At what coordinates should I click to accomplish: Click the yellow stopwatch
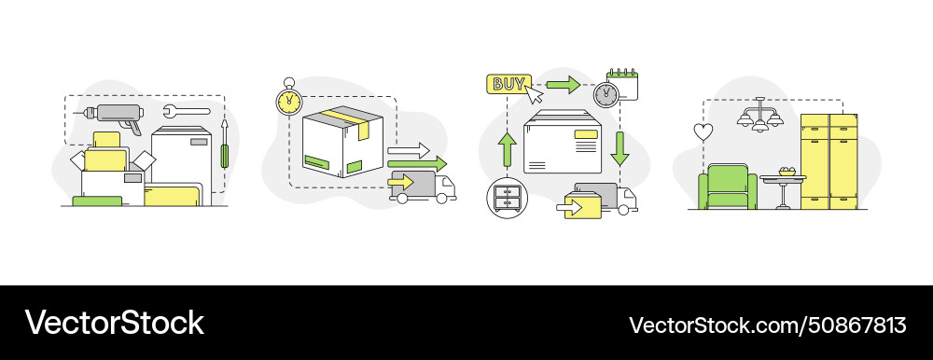pyautogui.click(x=289, y=99)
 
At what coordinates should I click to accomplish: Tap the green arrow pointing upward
pyautogui.click(x=507, y=148)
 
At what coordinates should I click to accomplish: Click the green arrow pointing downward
pyautogui.click(x=620, y=147)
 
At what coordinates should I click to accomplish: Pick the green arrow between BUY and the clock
pyautogui.click(x=563, y=86)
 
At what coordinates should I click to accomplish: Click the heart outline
pyautogui.click(x=703, y=132)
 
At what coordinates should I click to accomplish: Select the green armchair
pyautogui.click(x=728, y=187)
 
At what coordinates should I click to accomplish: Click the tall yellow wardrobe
pyautogui.click(x=829, y=161)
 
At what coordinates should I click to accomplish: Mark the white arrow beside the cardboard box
pyautogui.click(x=408, y=149)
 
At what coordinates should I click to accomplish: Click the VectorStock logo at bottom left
pyautogui.click(x=114, y=323)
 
